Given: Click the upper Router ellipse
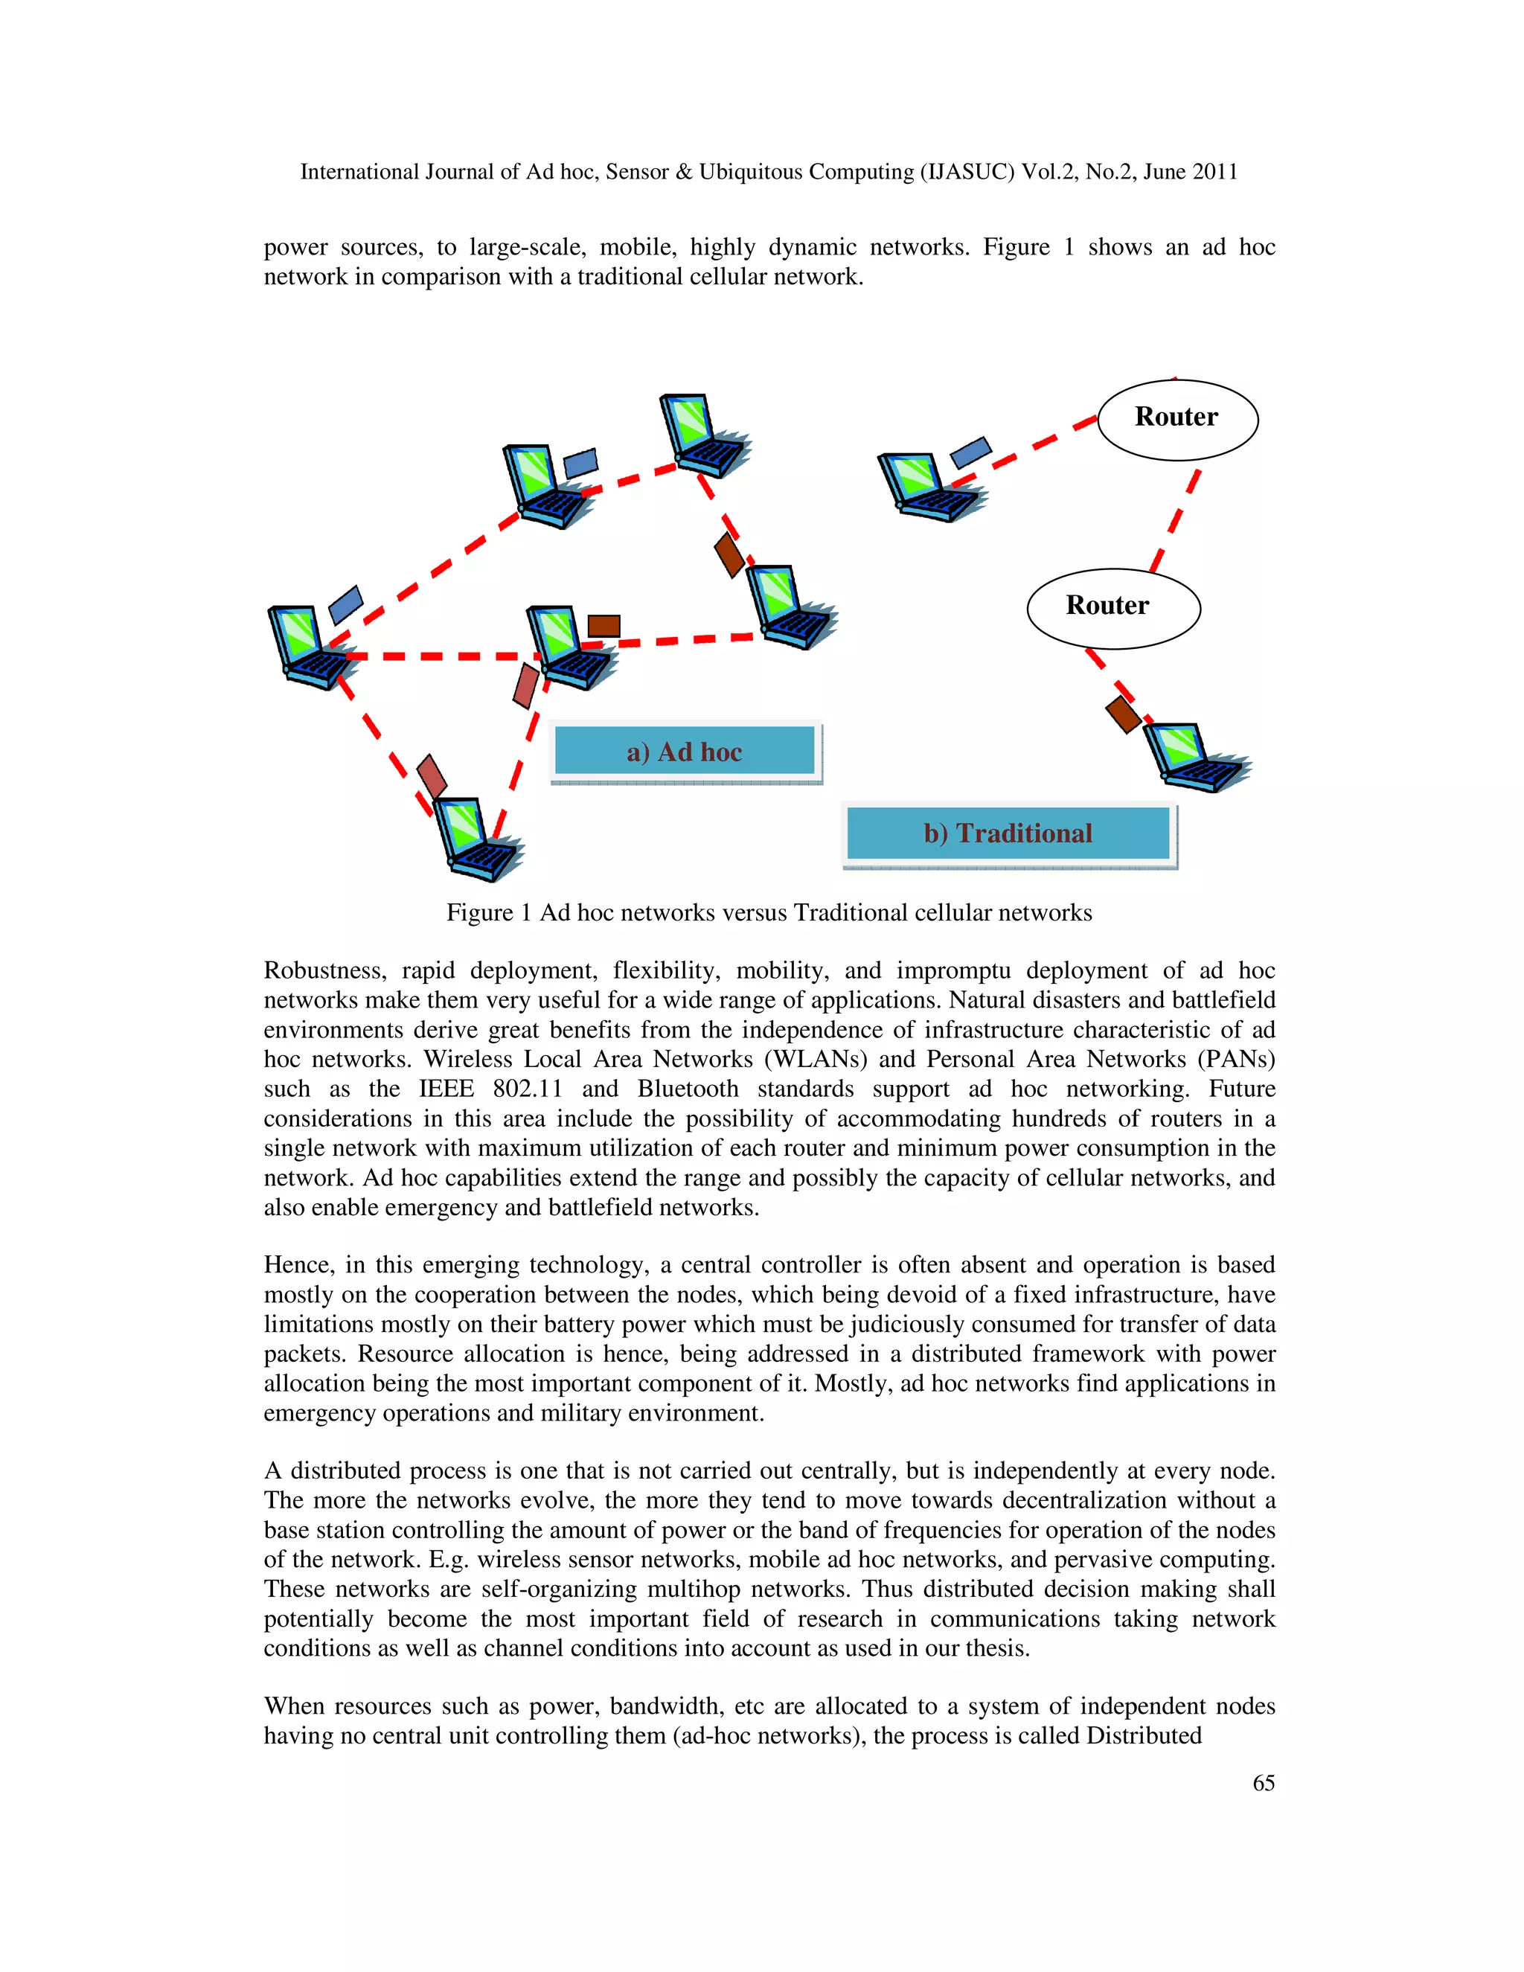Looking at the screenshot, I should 1176,419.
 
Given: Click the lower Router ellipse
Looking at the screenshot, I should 1112,608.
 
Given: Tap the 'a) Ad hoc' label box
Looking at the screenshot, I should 685,752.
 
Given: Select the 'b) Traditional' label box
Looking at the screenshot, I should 1008,833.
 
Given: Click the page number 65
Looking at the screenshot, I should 1263,1782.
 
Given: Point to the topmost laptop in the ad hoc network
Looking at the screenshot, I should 702,435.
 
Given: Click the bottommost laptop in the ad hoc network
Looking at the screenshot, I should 474,839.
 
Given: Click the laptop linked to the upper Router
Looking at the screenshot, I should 927,487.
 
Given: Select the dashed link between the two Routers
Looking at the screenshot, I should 1174,521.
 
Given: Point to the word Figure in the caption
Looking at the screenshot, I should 479,913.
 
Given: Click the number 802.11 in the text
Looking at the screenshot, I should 528,1089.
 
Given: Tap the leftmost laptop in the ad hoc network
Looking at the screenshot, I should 309,647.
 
